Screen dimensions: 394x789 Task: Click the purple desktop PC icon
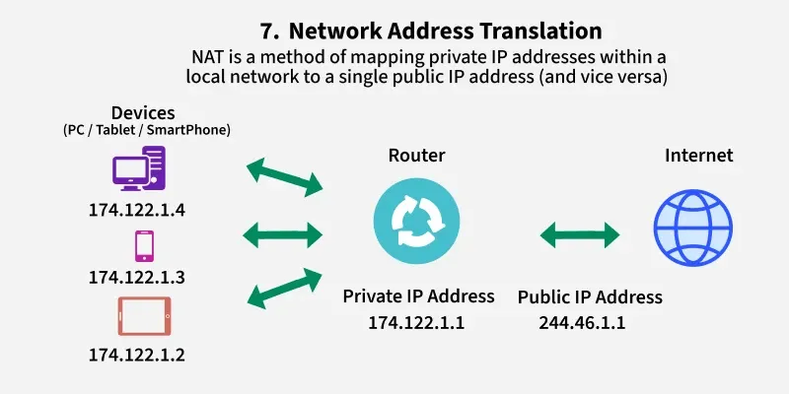pyautogui.click(x=138, y=169)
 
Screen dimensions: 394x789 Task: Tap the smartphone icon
pyautogui.click(x=143, y=244)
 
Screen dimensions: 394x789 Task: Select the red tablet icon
pyautogui.click(x=143, y=316)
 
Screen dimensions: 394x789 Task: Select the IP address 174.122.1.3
pyautogui.click(x=137, y=278)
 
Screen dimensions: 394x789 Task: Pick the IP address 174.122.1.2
pyautogui.click(x=137, y=353)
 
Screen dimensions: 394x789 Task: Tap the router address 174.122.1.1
pyautogui.click(x=416, y=322)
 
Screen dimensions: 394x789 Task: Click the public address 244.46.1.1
pyautogui.click(x=582, y=322)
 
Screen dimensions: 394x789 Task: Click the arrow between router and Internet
pyautogui.click(x=579, y=234)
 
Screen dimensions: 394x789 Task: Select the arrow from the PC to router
pyautogui.click(x=284, y=174)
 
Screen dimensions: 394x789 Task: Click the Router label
pyautogui.click(x=416, y=155)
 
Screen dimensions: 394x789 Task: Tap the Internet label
pyautogui.click(x=698, y=155)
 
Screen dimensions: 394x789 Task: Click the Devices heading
pyautogui.click(x=144, y=112)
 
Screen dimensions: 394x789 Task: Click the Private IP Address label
pyautogui.click(x=418, y=296)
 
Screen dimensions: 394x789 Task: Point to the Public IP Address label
pyautogui.click(x=590, y=296)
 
